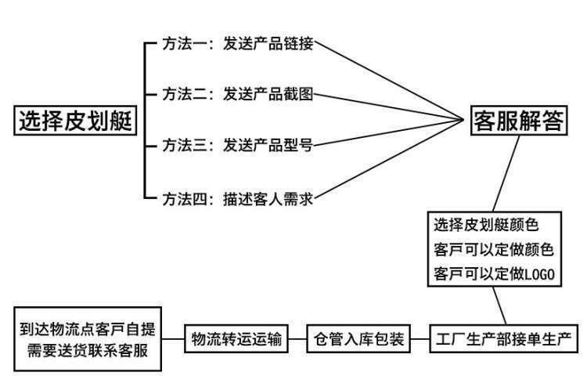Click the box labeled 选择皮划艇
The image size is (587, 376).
pos(74,121)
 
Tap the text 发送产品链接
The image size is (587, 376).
pos(268,44)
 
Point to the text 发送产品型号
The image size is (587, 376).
pos(268,145)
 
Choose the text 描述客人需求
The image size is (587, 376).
pos(268,198)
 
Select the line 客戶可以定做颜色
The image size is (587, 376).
pos(494,250)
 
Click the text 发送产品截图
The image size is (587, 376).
pos(268,95)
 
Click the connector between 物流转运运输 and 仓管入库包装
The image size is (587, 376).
pos(296,340)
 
